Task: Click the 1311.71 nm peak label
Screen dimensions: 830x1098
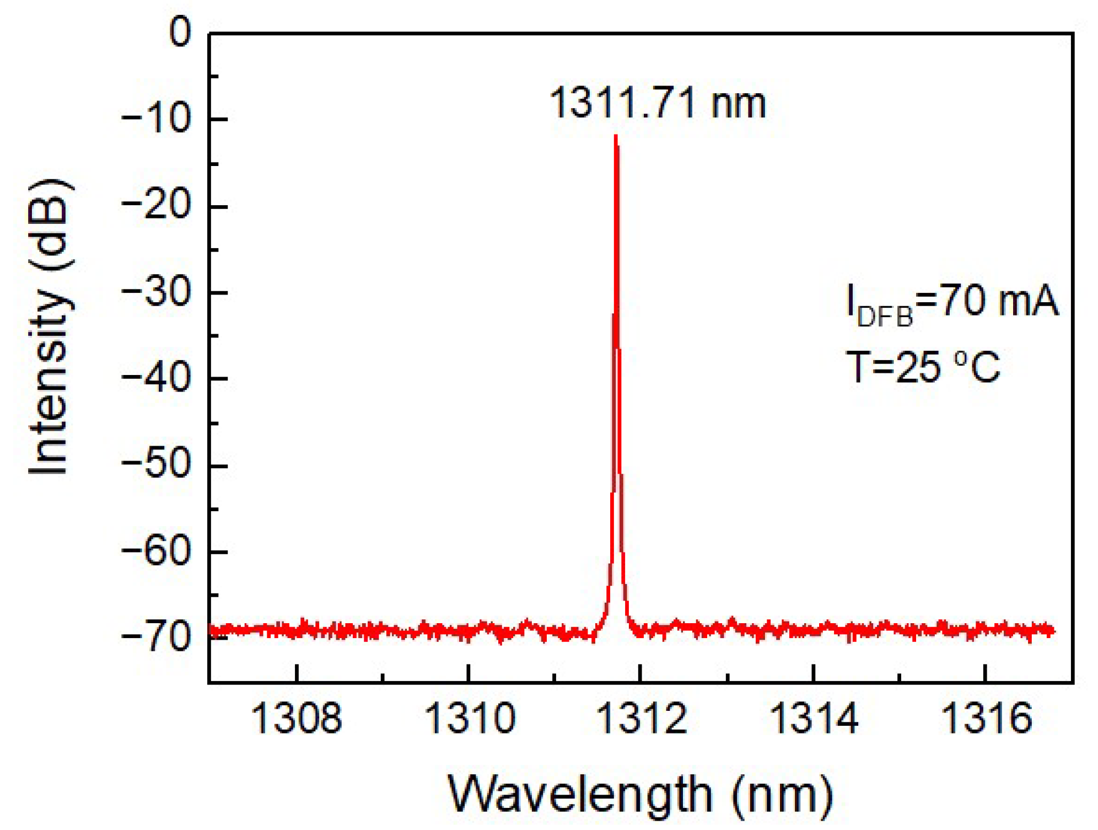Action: click(x=658, y=103)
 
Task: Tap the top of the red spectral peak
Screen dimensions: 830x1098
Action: click(x=616, y=137)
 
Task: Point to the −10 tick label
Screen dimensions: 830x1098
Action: click(x=156, y=119)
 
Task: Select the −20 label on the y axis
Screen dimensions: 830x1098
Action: click(x=156, y=206)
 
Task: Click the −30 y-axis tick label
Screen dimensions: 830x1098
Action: click(x=156, y=292)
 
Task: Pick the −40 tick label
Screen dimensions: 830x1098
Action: click(x=156, y=379)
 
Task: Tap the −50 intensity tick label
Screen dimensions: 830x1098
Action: click(x=156, y=465)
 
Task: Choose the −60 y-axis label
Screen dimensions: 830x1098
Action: click(x=156, y=551)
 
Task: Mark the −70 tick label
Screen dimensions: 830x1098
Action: click(x=156, y=637)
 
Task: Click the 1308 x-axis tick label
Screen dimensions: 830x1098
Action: click(x=296, y=719)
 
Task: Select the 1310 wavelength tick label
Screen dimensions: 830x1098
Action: click(x=469, y=719)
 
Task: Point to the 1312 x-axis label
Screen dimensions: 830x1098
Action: click(x=642, y=719)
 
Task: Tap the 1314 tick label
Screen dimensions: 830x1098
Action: click(x=814, y=719)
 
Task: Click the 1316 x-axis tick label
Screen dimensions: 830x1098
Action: click(x=986, y=719)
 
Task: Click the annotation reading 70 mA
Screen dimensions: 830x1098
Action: click(x=999, y=301)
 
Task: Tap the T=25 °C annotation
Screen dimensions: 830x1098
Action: click(x=923, y=367)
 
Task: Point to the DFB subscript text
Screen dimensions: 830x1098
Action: click(x=885, y=317)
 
